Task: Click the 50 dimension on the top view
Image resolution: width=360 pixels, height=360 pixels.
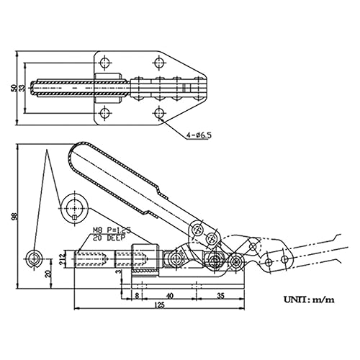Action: pos(12,87)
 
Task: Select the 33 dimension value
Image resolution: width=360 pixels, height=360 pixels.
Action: pos(22,87)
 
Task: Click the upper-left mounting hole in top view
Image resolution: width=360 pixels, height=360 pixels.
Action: pos(106,61)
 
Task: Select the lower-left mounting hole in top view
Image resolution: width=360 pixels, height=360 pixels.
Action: pos(106,113)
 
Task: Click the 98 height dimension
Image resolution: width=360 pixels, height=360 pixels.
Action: pos(12,217)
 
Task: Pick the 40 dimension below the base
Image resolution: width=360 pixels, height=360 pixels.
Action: pos(170,295)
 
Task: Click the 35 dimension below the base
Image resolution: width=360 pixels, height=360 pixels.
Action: pos(220,295)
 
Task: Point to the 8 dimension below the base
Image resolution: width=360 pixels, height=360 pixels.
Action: pos(135,295)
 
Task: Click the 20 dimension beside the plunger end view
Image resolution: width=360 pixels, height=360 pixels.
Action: pos(48,274)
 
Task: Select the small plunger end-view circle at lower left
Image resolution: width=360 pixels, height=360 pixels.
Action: pos(33,257)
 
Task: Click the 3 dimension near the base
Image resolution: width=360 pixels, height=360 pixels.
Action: pos(120,274)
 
